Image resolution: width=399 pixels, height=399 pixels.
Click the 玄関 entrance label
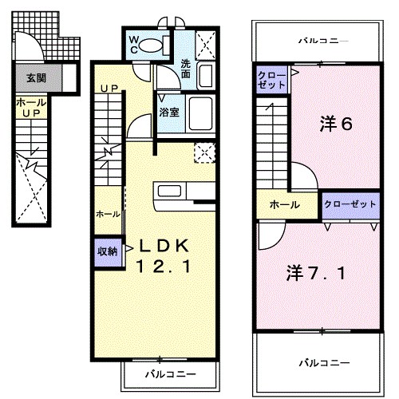pos(34,78)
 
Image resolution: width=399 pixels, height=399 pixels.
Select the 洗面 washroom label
pos(185,68)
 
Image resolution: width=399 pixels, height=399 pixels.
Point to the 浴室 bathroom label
pos(169,113)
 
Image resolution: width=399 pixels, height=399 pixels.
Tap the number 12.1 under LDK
pos(163,268)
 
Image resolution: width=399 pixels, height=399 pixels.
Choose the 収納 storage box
pos(107,251)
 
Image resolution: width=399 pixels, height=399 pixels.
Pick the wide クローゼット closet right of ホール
pos(349,204)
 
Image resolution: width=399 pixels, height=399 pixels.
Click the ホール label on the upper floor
pos(284,205)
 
